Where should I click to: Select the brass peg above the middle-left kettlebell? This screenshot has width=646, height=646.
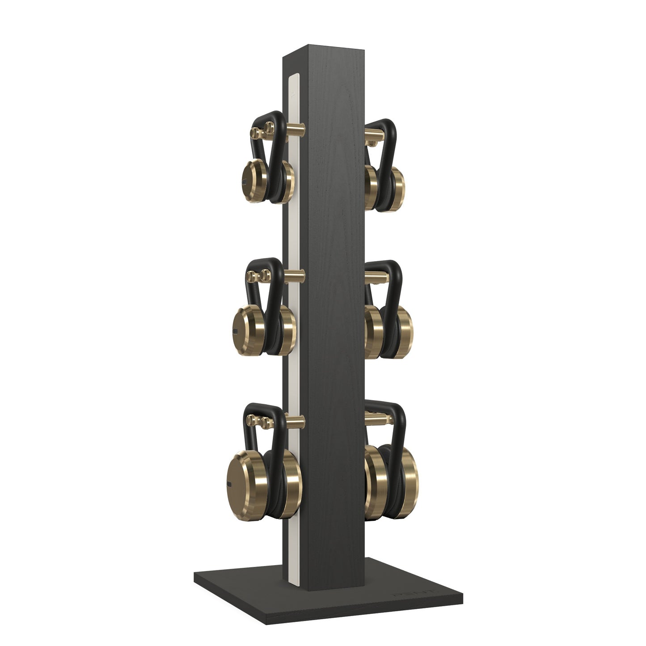(x=295, y=274)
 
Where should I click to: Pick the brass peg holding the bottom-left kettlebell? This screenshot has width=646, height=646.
(x=295, y=420)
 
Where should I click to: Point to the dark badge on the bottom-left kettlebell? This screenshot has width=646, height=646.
(x=230, y=484)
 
